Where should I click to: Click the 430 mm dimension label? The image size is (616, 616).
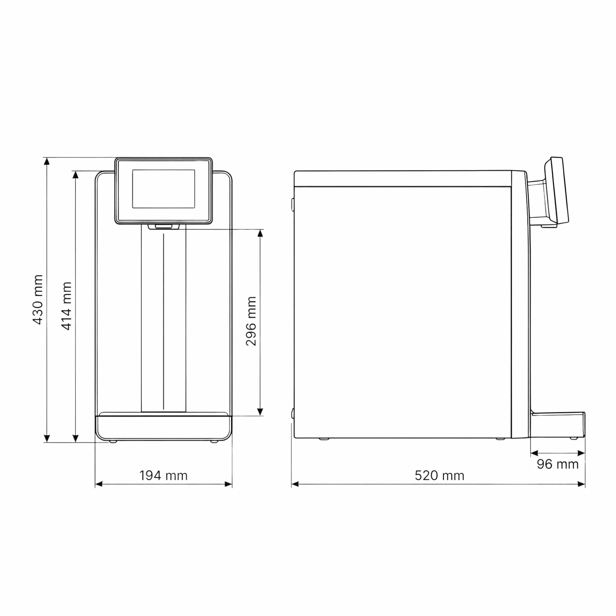click(38, 300)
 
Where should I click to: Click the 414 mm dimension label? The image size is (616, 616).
click(66, 306)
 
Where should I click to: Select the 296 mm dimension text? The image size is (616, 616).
click(251, 321)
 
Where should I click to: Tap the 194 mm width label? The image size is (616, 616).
click(163, 475)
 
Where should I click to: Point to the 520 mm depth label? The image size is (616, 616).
click(440, 475)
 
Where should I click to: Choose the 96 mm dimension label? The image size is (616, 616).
click(558, 464)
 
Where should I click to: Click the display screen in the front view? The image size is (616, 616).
click(164, 189)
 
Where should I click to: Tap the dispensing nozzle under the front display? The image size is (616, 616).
click(164, 227)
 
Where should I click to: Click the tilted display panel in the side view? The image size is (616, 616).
click(556, 191)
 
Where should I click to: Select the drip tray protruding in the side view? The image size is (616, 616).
click(558, 425)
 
